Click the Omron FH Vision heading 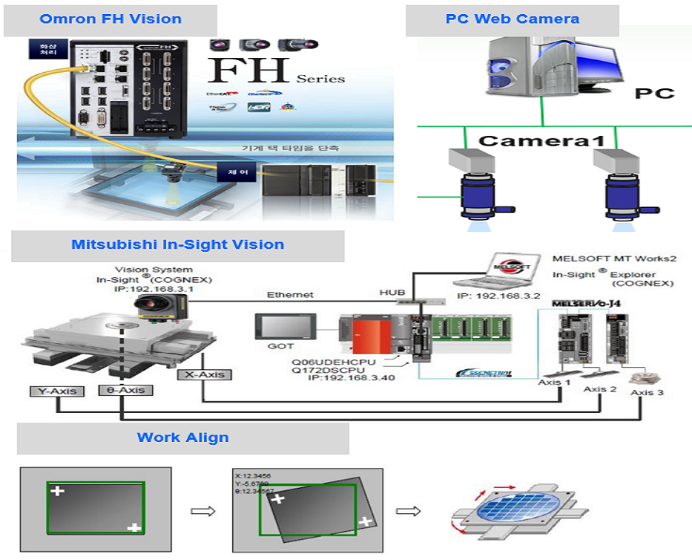(x=111, y=19)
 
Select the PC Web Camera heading (x=513, y=19)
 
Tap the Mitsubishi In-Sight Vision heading (x=177, y=244)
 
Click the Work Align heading (x=182, y=437)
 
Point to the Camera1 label (x=541, y=140)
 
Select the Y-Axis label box (x=56, y=391)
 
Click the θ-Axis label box (x=125, y=390)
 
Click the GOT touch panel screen (x=286, y=325)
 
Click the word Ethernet (x=289, y=295)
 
